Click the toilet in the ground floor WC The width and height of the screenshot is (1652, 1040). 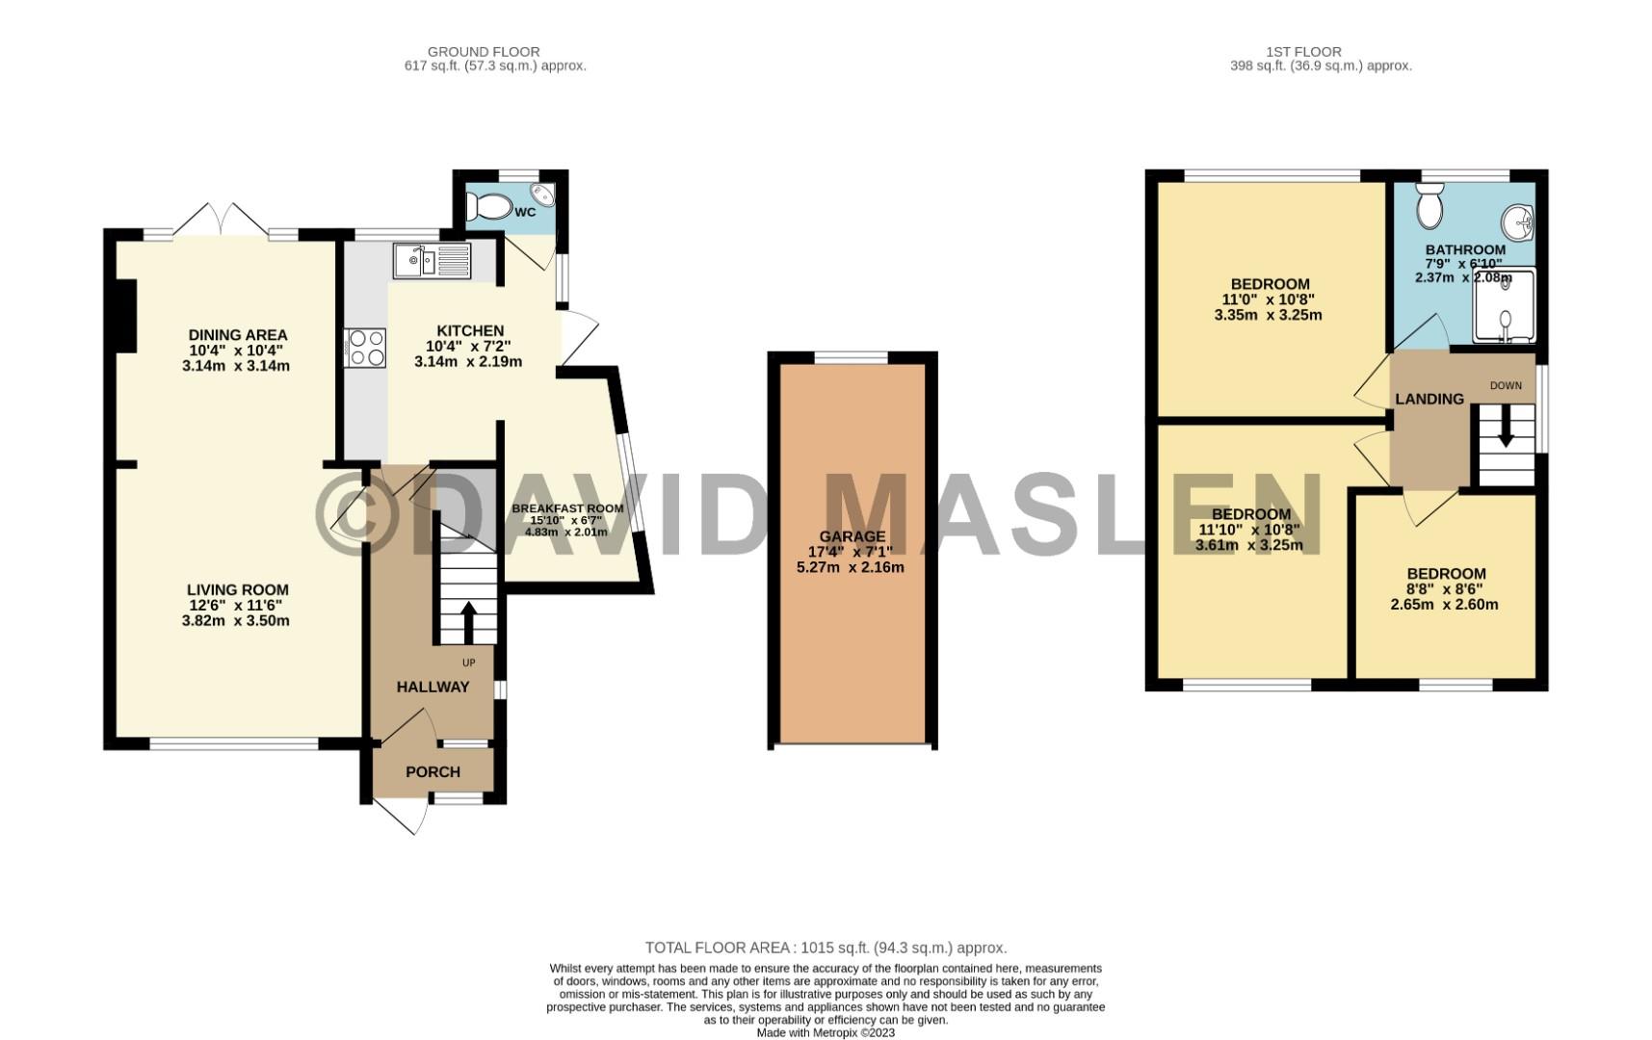(x=489, y=206)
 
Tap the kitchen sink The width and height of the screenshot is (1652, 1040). (x=432, y=261)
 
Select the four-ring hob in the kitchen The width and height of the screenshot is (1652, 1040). (x=365, y=348)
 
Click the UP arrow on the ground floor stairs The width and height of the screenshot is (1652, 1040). (x=469, y=623)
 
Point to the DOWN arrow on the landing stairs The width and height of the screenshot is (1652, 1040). (x=1505, y=427)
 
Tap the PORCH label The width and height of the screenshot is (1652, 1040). (x=433, y=771)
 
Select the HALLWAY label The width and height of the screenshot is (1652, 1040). (x=433, y=687)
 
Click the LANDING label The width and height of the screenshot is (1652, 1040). (x=1429, y=399)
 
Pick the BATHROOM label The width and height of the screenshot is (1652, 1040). (x=1465, y=249)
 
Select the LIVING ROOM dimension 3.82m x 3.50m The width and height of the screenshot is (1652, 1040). (x=236, y=621)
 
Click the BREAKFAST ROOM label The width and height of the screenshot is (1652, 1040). (x=567, y=508)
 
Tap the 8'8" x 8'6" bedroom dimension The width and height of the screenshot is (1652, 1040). (x=1445, y=589)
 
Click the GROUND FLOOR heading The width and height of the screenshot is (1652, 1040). (x=484, y=52)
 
